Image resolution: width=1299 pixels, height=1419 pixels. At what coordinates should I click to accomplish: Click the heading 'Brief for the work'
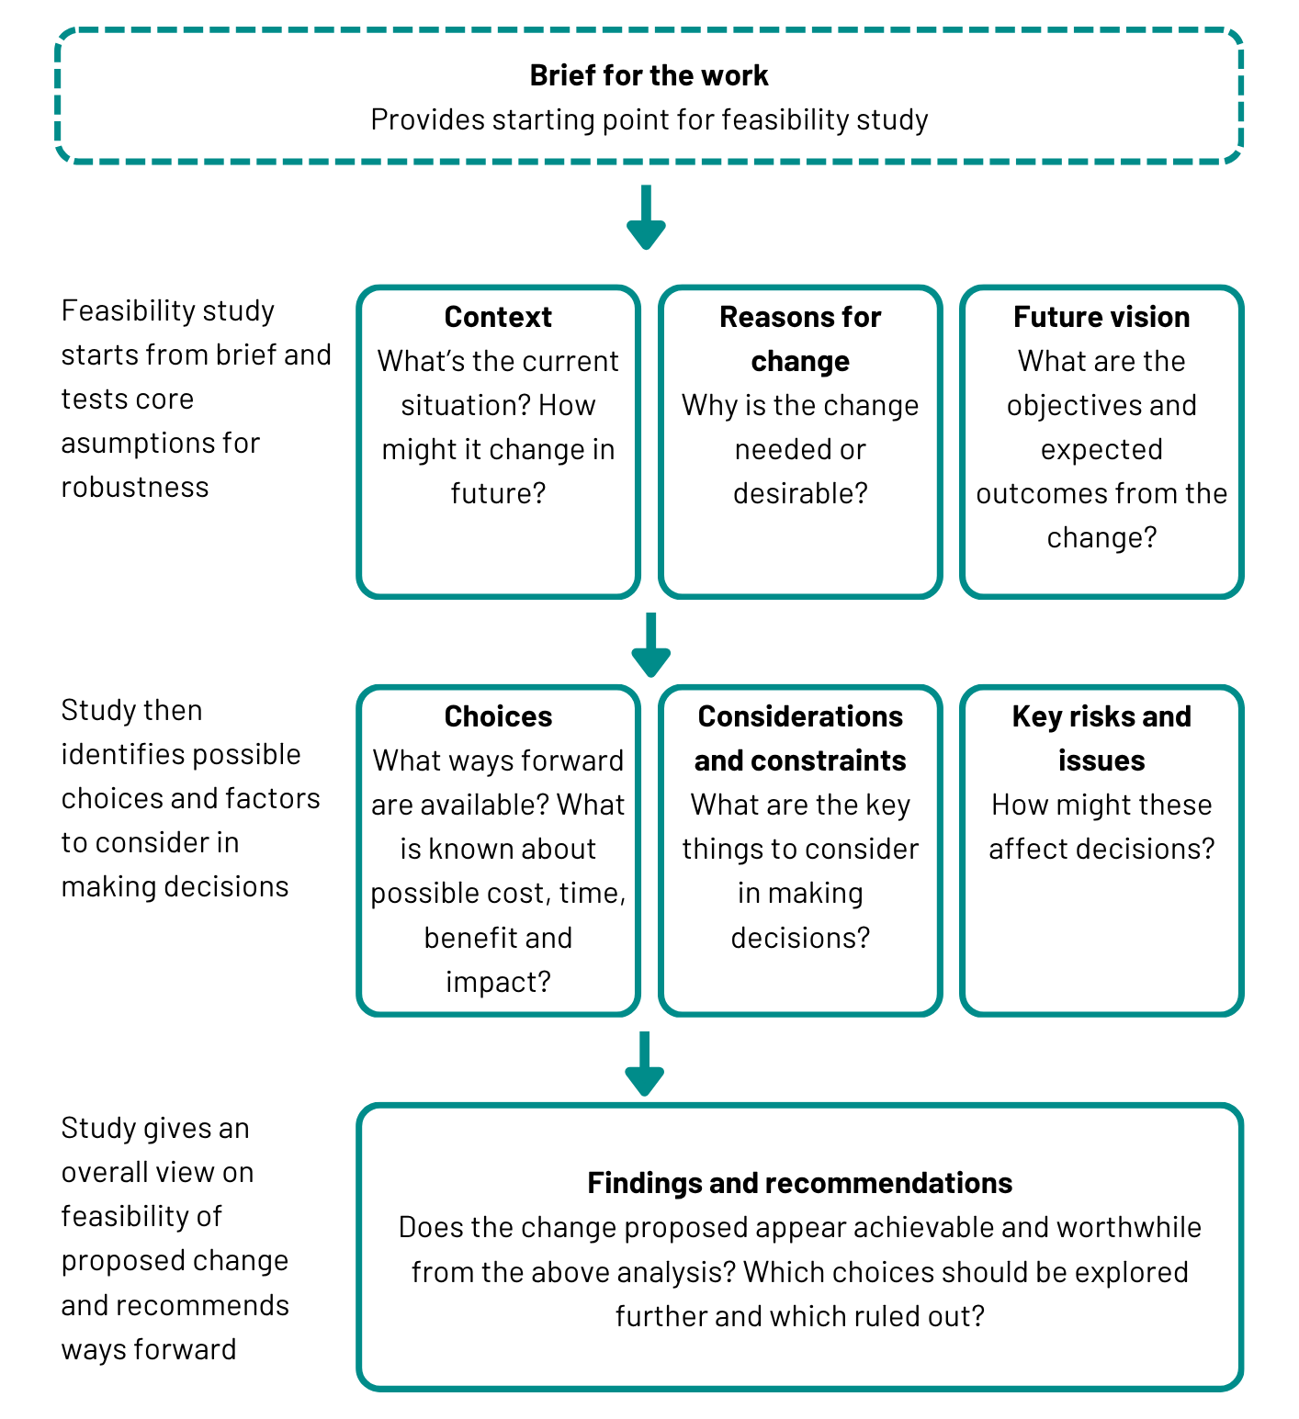[649, 75]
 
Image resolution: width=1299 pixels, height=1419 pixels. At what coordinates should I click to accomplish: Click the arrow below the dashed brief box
[646, 219]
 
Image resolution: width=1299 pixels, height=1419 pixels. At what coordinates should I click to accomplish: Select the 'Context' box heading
[498, 317]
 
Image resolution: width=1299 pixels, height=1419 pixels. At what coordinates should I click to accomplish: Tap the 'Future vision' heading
[1101, 317]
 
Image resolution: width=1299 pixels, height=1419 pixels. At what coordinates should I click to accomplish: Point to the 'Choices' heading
[498, 716]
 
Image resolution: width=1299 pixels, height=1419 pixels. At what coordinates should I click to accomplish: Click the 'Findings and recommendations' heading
[799, 1183]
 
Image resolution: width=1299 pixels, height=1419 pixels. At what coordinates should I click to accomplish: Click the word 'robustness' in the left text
[135, 488]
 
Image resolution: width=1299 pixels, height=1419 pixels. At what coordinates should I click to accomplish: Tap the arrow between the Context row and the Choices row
[650, 646]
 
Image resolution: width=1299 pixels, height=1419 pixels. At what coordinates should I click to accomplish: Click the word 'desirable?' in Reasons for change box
[800, 494]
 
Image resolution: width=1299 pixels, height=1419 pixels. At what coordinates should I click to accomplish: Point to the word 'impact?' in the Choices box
[498, 983]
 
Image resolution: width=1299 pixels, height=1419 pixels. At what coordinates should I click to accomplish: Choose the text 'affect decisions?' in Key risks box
[1101, 850]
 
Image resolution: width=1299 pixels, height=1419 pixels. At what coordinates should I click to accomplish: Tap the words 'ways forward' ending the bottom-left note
[149, 1350]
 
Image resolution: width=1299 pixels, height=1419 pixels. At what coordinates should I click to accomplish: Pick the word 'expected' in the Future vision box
[1101, 450]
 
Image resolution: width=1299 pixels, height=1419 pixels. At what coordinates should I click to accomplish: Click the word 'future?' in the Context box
[498, 494]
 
